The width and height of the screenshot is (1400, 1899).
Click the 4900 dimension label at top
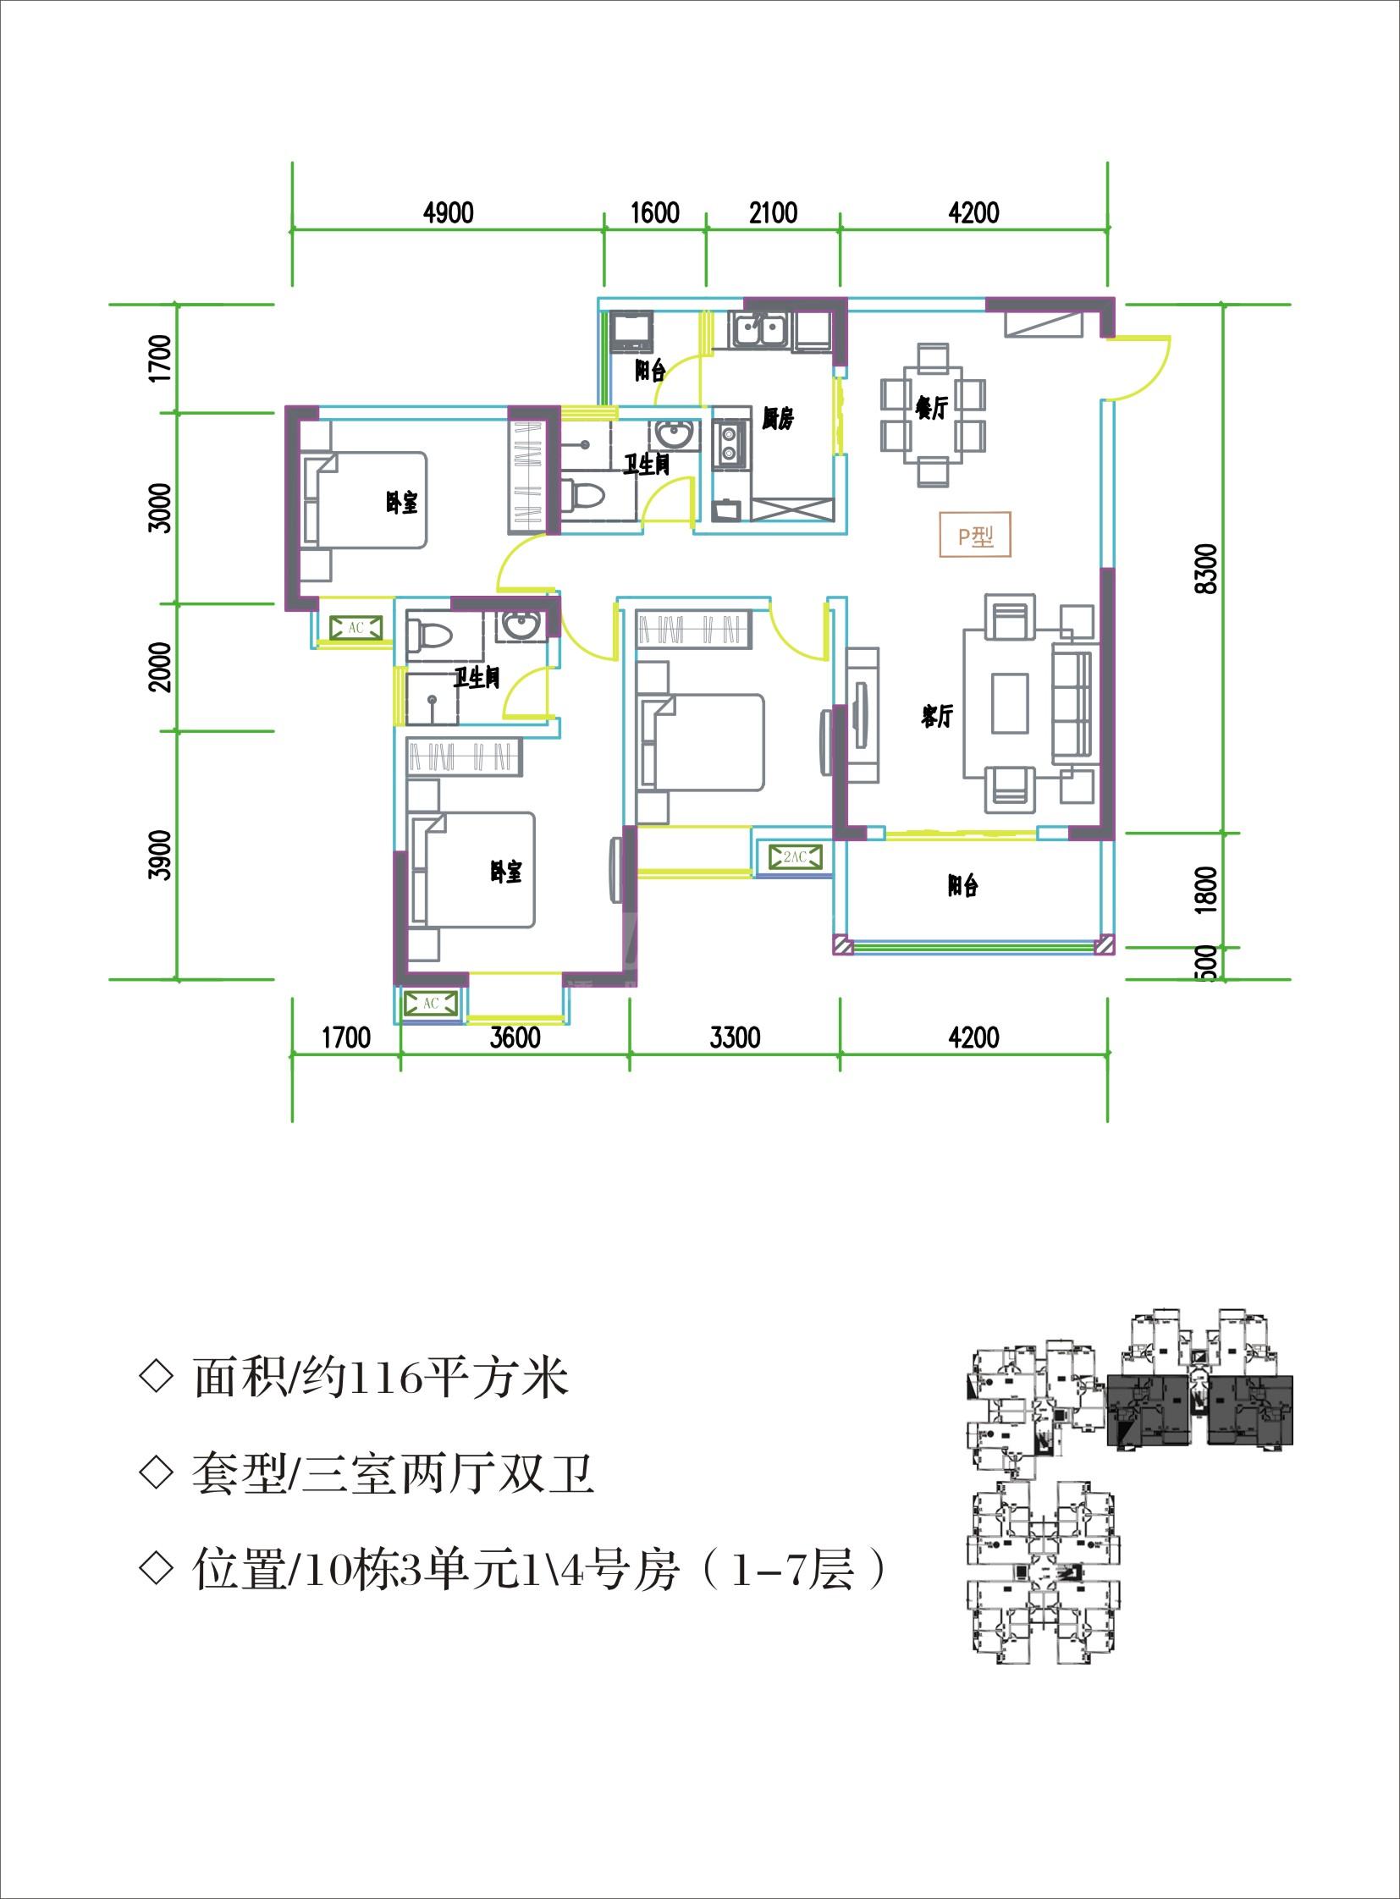point(449,212)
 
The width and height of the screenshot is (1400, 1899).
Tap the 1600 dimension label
point(655,212)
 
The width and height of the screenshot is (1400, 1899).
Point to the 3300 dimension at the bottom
point(735,1038)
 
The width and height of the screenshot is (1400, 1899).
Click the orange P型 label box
point(975,536)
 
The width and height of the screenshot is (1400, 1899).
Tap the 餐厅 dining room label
point(931,408)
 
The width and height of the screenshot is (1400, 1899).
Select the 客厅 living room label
point(937,716)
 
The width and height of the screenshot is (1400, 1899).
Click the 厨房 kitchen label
point(777,418)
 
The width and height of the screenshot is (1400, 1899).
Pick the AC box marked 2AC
point(795,857)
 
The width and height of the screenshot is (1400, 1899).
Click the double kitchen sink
point(759,329)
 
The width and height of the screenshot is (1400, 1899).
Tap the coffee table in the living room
point(1010,702)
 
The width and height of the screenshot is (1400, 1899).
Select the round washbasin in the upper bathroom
point(675,436)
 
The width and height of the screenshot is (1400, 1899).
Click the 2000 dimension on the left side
point(159,667)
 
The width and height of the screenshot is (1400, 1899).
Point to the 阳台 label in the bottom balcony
point(962,885)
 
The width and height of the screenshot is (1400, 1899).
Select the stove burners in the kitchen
point(729,443)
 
